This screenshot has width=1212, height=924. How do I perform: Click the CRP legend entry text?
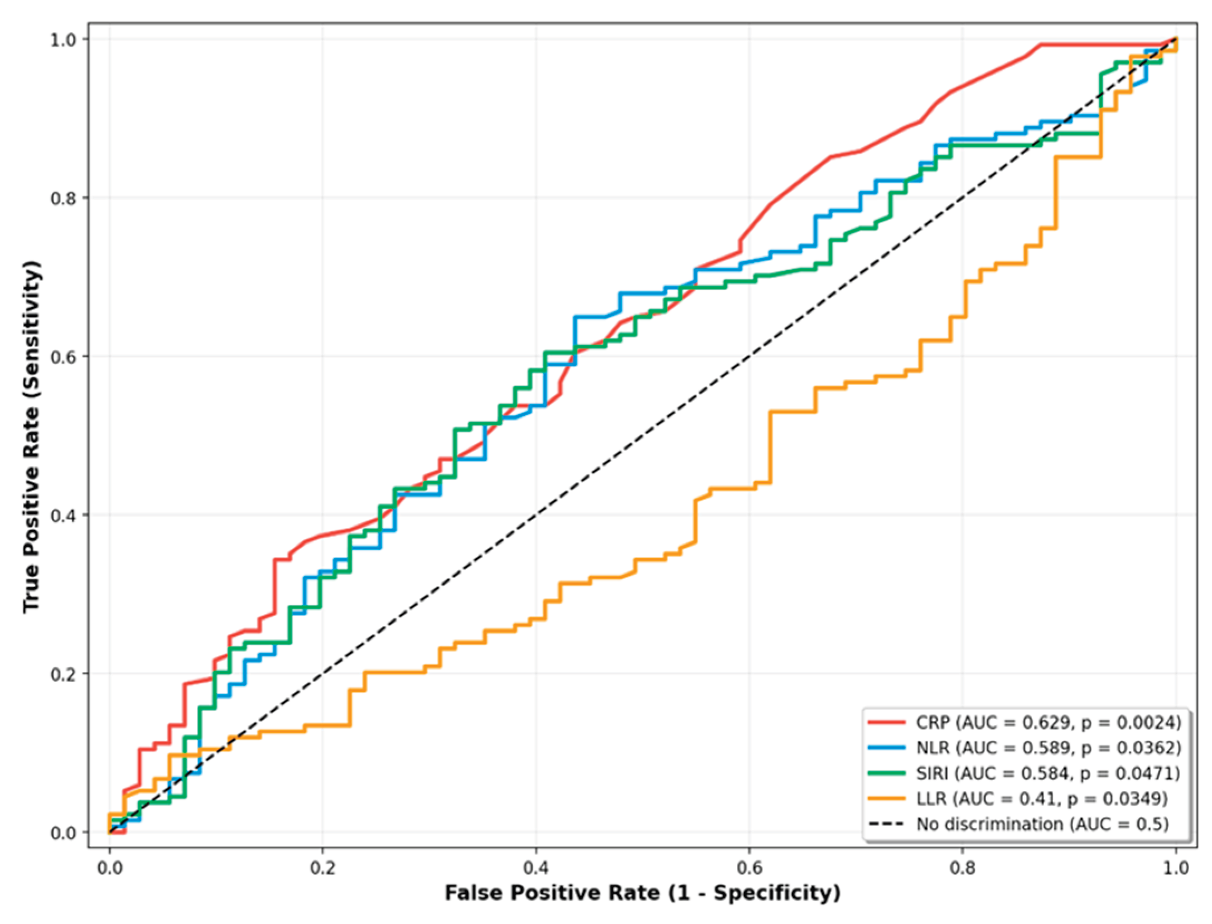[x=1048, y=723]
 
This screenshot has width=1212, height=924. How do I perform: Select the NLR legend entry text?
[x=1048, y=748]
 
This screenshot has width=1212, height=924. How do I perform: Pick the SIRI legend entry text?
[x=1048, y=773]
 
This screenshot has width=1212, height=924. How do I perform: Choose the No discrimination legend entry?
[x=1041, y=824]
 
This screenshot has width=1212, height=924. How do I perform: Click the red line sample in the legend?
[x=886, y=723]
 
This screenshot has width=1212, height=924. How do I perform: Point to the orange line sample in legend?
[x=886, y=798]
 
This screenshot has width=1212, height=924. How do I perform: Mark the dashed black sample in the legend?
[x=886, y=824]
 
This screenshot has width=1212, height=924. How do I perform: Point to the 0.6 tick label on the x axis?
[x=749, y=869]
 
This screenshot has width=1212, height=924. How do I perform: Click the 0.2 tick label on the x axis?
[x=322, y=869]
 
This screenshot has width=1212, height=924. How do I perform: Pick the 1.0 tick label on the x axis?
[x=1176, y=869]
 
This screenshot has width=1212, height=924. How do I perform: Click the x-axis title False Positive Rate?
[x=642, y=893]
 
